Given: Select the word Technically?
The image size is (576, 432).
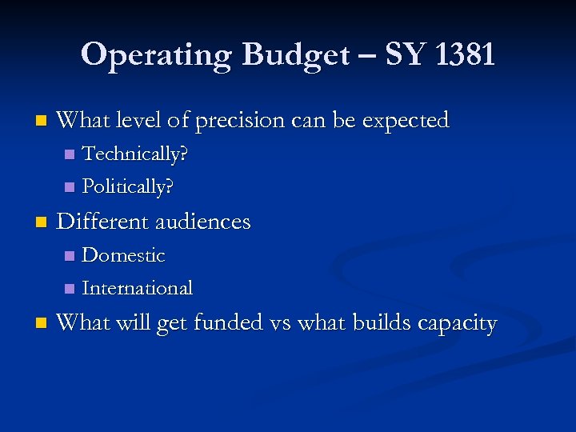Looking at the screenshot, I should coord(136,153).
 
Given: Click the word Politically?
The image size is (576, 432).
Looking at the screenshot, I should coord(129,186).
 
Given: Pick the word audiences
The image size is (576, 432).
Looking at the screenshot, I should coord(203,222).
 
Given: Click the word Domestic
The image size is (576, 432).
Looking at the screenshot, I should coord(124,255).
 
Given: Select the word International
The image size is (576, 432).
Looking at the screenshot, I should coord(138,287).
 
